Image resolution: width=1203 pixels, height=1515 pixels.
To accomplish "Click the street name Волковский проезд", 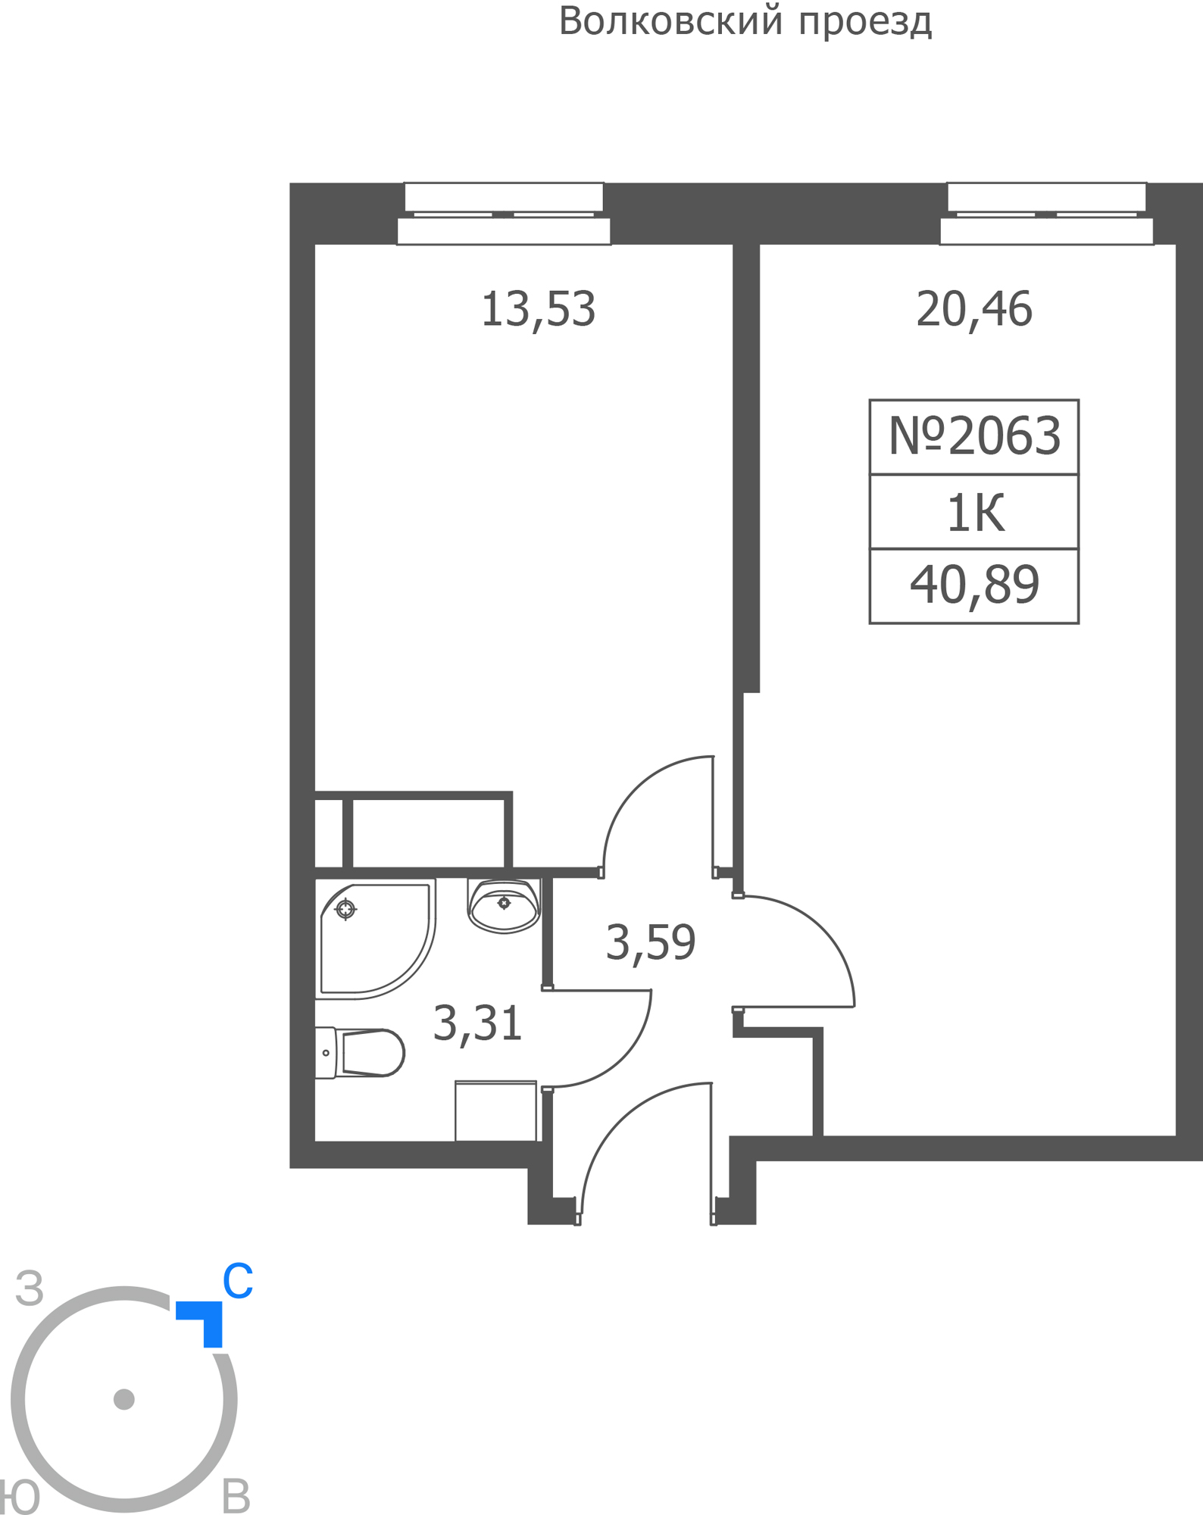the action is click(x=745, y=22).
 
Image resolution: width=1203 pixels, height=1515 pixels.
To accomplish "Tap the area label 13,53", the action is click(x=538, y=310).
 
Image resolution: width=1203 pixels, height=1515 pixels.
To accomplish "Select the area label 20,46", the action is click(x=974, y=310).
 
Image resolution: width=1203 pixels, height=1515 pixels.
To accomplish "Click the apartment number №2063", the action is click(x=974, y=436).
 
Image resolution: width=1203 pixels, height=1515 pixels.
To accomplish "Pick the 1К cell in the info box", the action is click(x=975, y=513).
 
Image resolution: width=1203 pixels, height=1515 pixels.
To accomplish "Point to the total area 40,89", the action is click(x=974, y=586).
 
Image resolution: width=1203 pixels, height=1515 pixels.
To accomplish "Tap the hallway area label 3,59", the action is click(x=651, y=943).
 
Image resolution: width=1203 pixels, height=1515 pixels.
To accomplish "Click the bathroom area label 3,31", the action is click(x=477, y=1023).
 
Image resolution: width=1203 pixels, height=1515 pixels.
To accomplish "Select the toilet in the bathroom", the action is click(x=360, y=1052).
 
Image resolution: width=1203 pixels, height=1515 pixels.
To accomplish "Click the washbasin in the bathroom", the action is click(x=505, y=905).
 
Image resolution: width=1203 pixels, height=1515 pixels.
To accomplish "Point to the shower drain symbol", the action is click(x=345, y=908).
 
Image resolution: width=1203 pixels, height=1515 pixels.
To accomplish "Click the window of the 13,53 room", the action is click(x=504, y=214).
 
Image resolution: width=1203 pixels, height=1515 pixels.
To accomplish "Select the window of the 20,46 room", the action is click(x=1047, y=214).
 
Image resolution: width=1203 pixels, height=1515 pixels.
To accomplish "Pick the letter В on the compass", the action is click(x=236, y=1496).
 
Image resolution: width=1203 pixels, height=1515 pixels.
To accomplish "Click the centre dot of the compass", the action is click(x=124, y=1399).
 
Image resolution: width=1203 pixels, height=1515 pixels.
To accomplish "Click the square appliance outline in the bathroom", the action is click(x=496, y=1110).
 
